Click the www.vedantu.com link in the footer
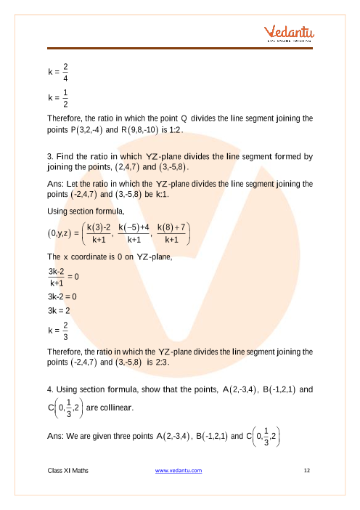point(179,471)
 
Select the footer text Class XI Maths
point(67,471)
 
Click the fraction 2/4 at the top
point(66,73)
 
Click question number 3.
point(49,155)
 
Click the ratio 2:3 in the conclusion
point(159,363)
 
